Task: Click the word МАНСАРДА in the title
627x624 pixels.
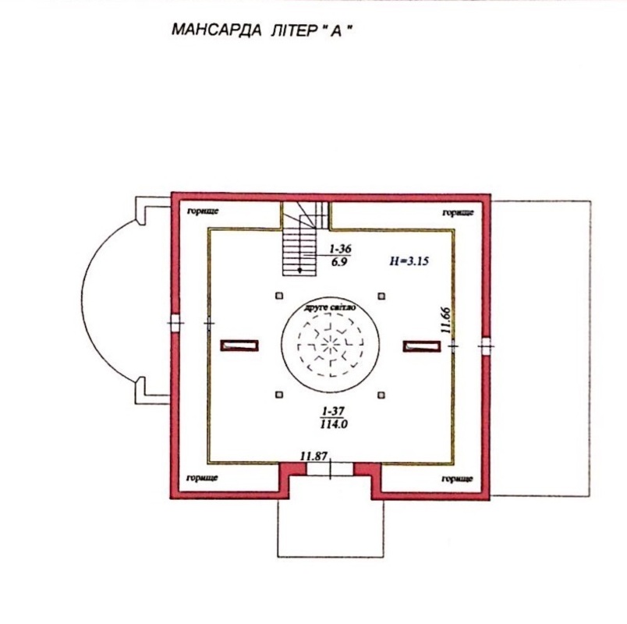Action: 217,30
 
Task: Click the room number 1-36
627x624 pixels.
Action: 340,249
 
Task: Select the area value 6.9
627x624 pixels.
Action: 339,261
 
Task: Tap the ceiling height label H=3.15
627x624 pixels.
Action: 409,261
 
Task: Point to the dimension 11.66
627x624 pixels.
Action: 446,320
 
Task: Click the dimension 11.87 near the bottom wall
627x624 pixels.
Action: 314,456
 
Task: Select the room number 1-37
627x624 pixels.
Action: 333,411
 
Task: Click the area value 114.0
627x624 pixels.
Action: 334,424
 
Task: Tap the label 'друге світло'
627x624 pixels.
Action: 330,308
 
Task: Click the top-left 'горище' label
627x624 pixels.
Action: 203,211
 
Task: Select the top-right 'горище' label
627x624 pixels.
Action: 459,212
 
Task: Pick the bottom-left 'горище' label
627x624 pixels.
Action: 202,477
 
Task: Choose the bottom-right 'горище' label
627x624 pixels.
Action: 458,478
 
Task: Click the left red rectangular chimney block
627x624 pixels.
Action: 239,346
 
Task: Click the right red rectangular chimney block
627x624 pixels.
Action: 422,346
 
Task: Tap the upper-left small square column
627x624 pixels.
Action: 279,296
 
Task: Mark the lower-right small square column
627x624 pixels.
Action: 381,395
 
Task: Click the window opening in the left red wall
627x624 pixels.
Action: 175,323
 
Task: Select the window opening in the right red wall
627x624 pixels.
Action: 486,346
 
